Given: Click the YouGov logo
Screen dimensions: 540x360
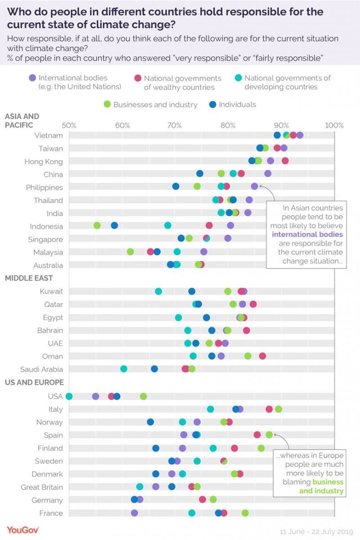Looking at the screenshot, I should point(23,530).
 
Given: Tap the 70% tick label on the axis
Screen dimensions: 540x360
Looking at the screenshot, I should point(175,125).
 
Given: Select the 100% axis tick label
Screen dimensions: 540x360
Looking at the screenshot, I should point(334,125).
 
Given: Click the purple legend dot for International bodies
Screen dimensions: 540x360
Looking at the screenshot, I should point(32,78).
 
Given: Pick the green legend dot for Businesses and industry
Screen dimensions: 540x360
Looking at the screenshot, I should point(107,104).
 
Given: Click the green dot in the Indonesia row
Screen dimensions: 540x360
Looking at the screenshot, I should point(97,226).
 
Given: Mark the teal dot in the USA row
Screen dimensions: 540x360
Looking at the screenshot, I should point(69,396).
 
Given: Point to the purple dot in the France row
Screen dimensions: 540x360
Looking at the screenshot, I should point(135,513).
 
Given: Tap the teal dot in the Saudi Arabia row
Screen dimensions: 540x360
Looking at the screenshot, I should point(124,369).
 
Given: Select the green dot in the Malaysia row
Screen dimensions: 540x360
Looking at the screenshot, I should point(130,252).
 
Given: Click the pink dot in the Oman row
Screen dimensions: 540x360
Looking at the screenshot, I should point(262,356).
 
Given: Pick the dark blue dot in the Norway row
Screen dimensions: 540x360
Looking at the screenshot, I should point(150,422).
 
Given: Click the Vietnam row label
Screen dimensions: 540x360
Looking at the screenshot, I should point(48,135).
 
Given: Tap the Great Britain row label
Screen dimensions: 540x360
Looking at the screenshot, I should point(42,487).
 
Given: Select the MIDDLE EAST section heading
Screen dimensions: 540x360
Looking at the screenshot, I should point(29,279).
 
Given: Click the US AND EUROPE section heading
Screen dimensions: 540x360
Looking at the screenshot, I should point(34,382).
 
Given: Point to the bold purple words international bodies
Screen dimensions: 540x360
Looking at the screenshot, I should point(307,234).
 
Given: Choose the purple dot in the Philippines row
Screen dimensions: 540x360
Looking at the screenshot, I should point(255,186).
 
